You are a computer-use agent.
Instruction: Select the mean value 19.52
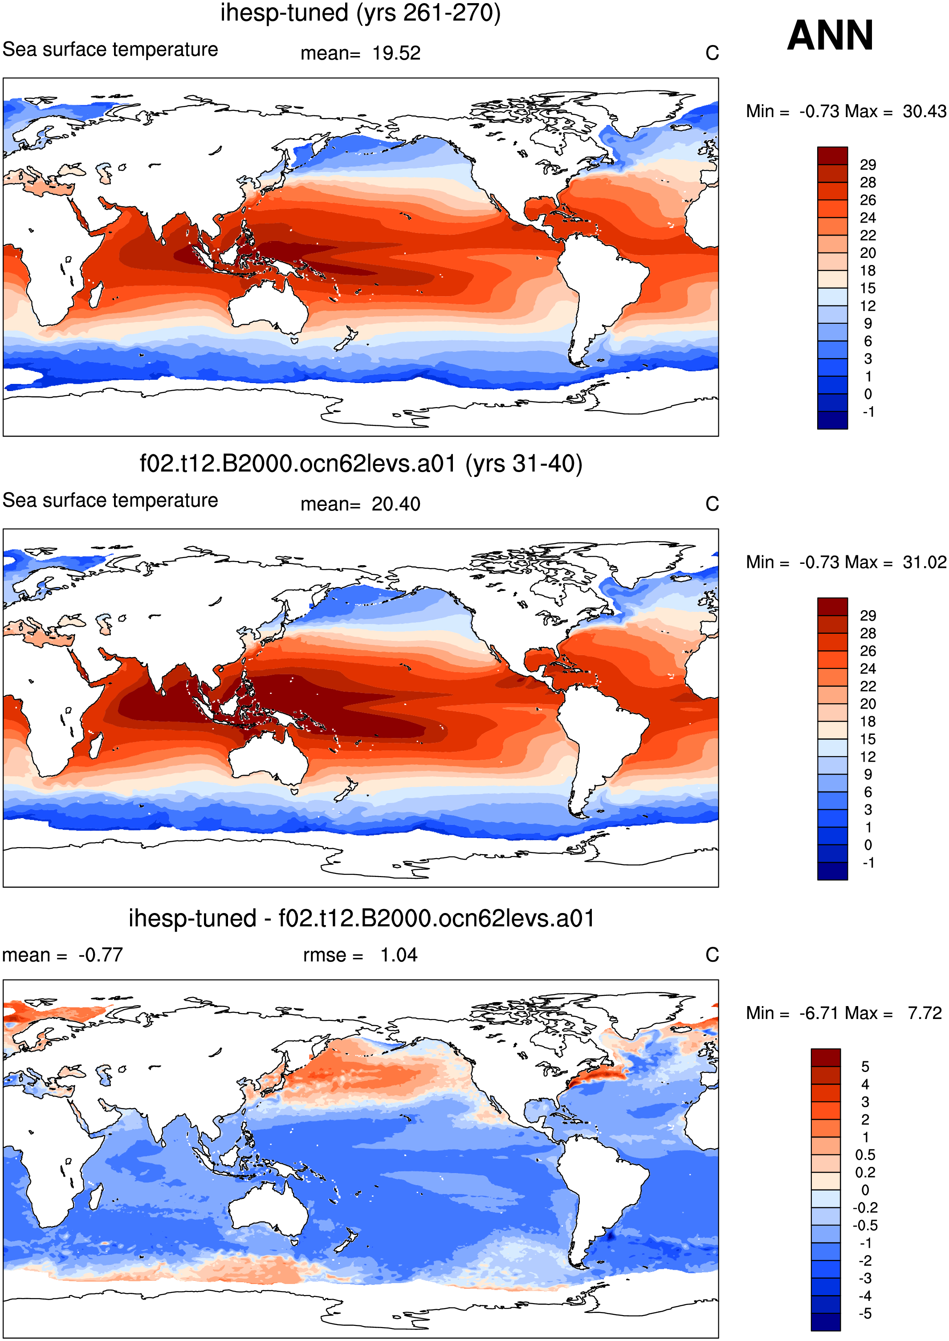pos(397,53)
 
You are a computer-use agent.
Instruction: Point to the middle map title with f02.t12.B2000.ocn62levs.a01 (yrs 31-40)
pos(361,464)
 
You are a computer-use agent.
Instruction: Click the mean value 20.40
pos(396,504)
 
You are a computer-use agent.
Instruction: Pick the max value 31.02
pos(924,562)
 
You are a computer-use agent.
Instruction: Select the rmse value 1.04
pos(399,955)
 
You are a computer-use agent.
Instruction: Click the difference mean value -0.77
pos(101,955)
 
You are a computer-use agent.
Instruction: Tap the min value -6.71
pos(821,1013)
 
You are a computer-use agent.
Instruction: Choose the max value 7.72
pos(925,1013)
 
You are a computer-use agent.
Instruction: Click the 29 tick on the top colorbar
pos(868,165)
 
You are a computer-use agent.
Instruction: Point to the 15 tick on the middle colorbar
pos(868,739)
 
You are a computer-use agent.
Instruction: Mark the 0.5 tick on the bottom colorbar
pos(865,1155)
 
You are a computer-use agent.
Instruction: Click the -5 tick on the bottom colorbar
pos(865,1313)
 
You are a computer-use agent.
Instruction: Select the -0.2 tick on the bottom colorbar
pos(865,1208)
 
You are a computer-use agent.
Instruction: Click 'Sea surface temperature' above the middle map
pos(110,501)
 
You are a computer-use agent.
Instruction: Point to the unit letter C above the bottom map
pos(712,955)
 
